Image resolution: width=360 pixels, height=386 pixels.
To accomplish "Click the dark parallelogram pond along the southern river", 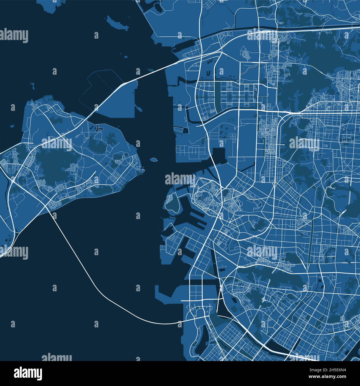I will pos(281,346).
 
